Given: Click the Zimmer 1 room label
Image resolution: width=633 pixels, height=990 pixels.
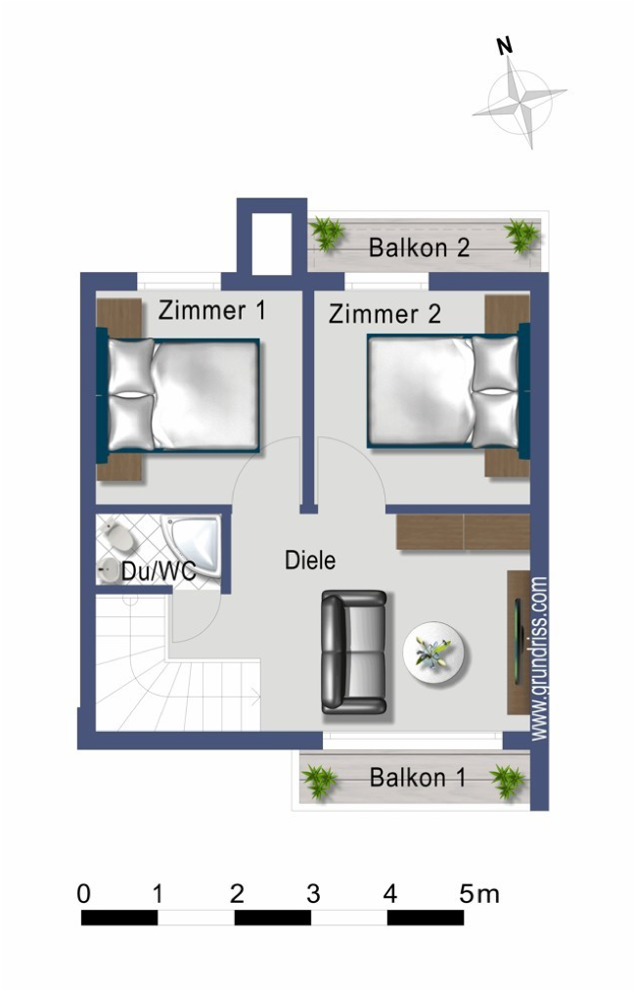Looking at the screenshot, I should coord(212,311).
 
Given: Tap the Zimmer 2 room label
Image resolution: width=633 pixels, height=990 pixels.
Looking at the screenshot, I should coord(384,314).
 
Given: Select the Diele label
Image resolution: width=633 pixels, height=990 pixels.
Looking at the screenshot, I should coord(310,561).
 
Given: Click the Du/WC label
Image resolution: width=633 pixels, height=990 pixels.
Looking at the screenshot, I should coord(158,572).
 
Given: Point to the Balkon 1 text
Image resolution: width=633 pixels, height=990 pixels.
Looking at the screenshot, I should coord(418,779).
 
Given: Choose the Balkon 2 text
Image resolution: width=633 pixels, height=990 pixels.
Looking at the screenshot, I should coord(419,247).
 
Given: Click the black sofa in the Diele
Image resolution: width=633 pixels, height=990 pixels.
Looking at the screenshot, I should coord(354,652).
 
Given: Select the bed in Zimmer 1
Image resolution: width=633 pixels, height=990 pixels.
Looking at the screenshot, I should coord(183,394).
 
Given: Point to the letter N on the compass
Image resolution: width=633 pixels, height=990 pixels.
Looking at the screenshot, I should coord(505,46).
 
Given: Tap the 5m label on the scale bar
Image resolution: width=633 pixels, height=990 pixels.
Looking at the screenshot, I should coord(479,893).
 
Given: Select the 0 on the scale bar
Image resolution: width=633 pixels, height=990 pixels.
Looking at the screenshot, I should coord(83,893).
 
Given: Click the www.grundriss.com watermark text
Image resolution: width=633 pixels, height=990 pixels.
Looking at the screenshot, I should coord(539,657).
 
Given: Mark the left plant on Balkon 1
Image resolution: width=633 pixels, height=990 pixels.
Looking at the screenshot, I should coord(319,781).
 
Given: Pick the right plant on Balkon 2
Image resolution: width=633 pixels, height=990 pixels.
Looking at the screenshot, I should coord(520,236).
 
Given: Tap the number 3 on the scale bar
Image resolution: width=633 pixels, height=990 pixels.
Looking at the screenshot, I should coord(313,893).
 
